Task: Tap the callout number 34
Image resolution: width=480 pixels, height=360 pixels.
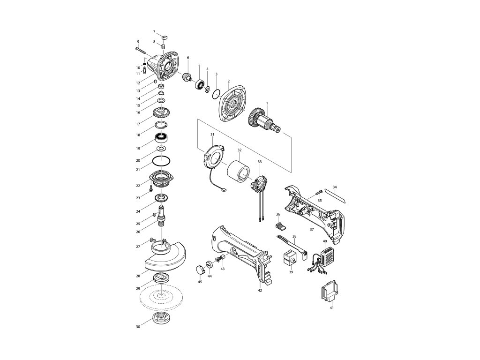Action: pyautogui.click(x=335, y=187)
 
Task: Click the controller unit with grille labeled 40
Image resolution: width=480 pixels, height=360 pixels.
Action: pyautogui.click(x=324, y=255)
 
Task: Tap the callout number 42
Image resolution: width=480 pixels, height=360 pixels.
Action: pyautogui.click(x=260, y=291)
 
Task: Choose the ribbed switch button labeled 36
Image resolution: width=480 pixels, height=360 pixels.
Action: pyautogui.click(x=279, y=226)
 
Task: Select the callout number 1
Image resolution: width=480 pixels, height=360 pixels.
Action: pyautogui.click(x=267, y=103)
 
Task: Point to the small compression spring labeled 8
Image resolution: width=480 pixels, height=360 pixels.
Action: pyautogui.click(x=163, y=46)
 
